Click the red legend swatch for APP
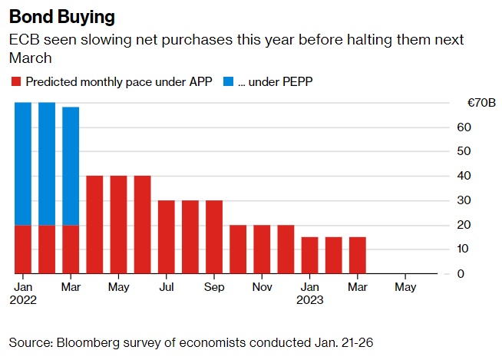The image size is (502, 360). [x=15, y=81]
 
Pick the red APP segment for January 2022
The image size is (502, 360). [x=23, y=249]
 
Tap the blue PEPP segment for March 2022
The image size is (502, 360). [x=71, y=166]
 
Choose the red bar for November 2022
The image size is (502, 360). [x=262, y=249]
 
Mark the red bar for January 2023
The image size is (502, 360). [x=309, y=255]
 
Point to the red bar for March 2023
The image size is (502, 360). [x=357, y=255]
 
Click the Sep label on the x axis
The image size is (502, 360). [x=214, y=287]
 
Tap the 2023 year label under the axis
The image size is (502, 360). [x=310, y=300]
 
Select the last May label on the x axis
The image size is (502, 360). [x=405, y=287]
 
